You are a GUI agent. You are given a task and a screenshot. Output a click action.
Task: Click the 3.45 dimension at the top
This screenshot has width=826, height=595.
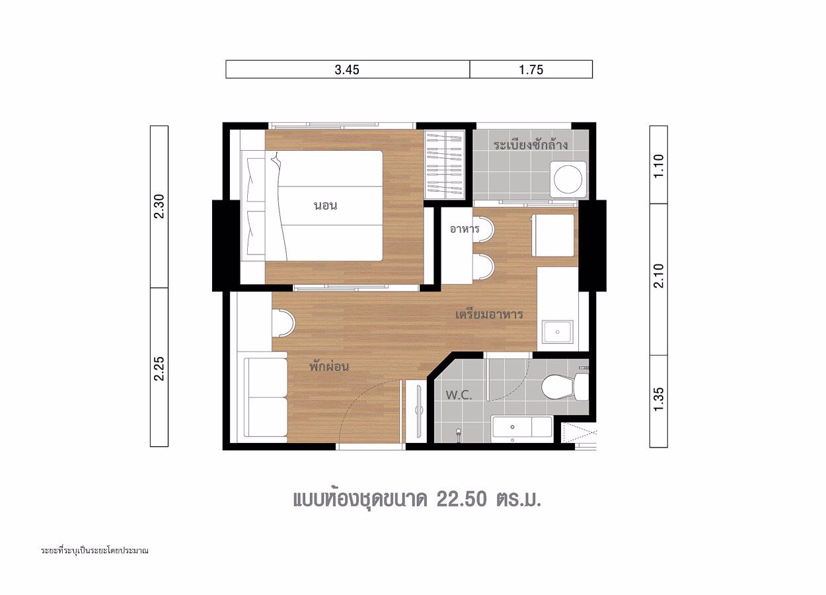(347, 69)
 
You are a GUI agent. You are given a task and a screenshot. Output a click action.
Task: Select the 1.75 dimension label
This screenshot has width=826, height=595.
(531, 69)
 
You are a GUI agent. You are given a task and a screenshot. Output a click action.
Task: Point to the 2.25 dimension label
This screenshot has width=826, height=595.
(159, 368)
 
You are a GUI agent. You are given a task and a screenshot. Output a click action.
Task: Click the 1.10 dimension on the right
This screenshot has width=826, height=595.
(658, 164)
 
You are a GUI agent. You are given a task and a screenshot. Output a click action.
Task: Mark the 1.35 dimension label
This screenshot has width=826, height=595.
(658, 399)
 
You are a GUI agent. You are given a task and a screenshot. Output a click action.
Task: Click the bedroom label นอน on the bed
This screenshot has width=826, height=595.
(325, 206)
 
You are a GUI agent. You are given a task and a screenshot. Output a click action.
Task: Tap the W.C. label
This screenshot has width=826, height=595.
(458, 395)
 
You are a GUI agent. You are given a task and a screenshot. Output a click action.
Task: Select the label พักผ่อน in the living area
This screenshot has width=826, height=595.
(328, 366)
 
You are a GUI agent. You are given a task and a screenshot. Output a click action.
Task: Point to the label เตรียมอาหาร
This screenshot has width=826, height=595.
(489, 315)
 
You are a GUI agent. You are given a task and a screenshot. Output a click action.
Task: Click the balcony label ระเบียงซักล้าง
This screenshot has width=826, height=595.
(531, 144)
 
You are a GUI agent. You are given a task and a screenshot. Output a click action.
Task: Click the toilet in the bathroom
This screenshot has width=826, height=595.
(562, 385)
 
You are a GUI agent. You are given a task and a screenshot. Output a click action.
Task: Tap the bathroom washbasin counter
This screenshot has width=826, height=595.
(522, 428)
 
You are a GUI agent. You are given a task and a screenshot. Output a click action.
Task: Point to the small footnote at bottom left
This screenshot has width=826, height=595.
(94, 550)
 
